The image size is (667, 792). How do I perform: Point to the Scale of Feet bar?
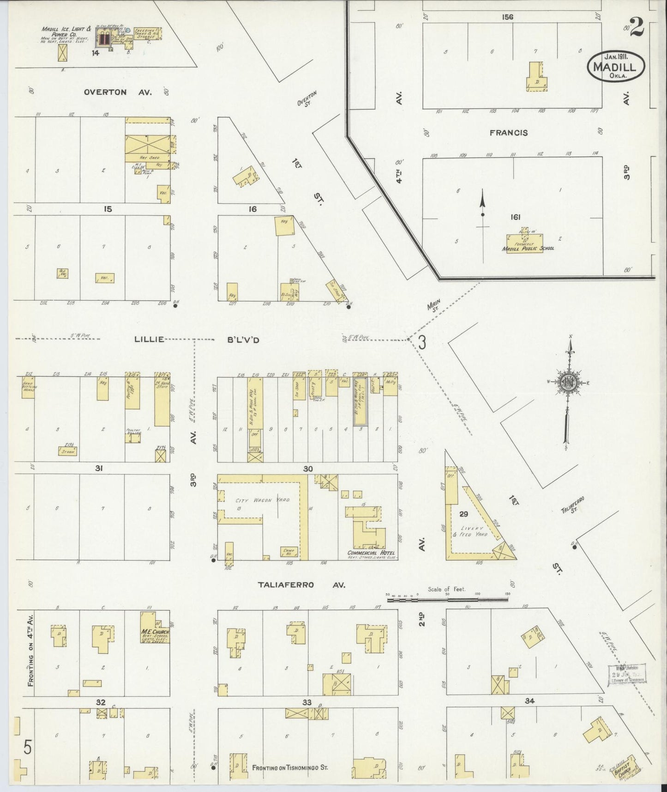tap(447, 599)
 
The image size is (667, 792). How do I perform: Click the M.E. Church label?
tap(156, 632)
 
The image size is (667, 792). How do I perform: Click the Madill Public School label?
tap(528, 248)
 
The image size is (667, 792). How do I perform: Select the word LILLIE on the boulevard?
tap(149, 339)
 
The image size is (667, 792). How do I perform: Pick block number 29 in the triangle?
tap(464, 514)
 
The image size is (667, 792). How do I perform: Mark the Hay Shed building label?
tap(147, 158)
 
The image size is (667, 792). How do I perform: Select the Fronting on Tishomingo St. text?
tap(290, 768)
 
